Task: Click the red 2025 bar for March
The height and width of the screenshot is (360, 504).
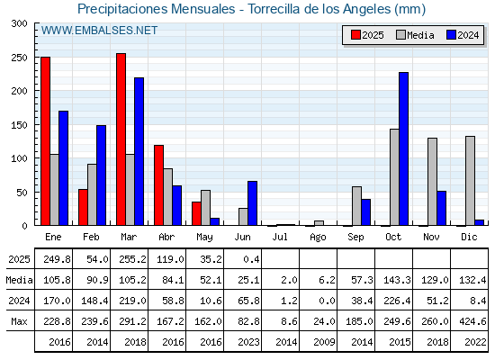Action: [121, 139]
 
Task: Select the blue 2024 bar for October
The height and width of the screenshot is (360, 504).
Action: [404, 148]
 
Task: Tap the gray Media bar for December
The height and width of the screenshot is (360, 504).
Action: [470, 181]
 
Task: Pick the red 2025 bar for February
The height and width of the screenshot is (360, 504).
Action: [83, 207]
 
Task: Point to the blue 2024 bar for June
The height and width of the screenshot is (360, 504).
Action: [252, 203]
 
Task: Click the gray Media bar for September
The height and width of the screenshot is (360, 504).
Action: [356, 206]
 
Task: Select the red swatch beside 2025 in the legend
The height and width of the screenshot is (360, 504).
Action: [355, 35]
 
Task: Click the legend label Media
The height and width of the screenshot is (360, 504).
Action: [420, 35]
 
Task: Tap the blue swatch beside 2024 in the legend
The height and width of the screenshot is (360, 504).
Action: [451, 35]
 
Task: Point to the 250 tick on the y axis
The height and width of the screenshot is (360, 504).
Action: [20, 58]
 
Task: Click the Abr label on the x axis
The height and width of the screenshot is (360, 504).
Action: [166, 237]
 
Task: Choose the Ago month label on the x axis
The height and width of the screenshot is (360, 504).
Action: [318, 238]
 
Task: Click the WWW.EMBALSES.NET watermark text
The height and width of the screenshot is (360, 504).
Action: [99, 31]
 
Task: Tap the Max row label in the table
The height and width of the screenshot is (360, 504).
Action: [19, 321]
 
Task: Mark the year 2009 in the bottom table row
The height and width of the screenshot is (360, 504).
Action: [324, 342]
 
